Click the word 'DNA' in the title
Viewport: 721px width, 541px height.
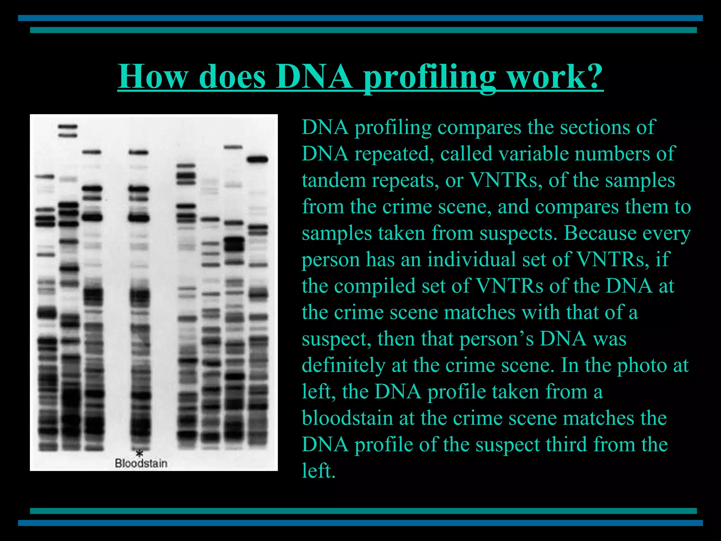pos(314,76)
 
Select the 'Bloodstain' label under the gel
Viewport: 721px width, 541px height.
pos(141,463)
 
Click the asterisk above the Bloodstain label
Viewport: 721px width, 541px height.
pos(140,453)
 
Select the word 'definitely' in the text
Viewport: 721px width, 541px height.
pos(343,365)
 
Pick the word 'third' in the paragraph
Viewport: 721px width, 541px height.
pos(566,444)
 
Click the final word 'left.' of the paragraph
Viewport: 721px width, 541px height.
pos(319,471)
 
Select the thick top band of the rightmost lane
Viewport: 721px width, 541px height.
pos(257,160)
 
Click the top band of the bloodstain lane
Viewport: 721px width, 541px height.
pos(138,153)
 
